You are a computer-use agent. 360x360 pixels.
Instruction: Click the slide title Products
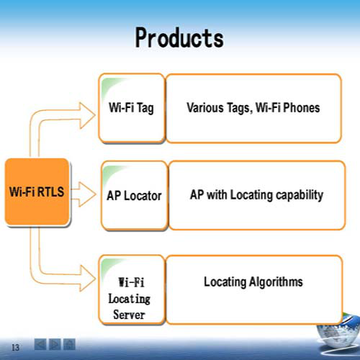(x=179, y=37)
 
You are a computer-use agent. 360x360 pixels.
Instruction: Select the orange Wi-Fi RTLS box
(x=37, y=192)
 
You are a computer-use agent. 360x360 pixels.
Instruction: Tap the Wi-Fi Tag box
(x=132, y=108)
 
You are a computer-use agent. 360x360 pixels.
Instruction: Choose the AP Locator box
(x=135, y=195)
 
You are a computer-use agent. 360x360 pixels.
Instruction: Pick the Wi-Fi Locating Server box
(x=132, y=289)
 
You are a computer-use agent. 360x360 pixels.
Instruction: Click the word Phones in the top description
(x=302, y=107)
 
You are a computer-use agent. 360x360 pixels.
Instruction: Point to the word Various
(x=205, y=107)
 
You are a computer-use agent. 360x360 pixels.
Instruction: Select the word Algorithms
(x=276, y=282)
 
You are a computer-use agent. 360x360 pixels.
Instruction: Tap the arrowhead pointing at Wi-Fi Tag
(x=87, y=115)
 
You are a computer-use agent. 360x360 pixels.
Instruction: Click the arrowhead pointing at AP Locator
(x=87, y=194)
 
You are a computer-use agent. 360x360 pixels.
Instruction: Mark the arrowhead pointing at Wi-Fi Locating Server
(x=87, y=279)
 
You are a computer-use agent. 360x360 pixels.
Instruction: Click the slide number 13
(x=15, y=347)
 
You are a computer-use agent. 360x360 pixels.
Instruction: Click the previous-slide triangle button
(x=40, y=344)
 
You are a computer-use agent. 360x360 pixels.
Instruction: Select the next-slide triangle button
(x=55, y=344)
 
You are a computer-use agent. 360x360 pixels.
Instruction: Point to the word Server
(x=129, y=315)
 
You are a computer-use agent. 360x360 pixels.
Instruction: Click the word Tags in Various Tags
(x=239, y=108)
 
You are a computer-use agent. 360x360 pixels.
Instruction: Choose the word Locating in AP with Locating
(x=251, y=195)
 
